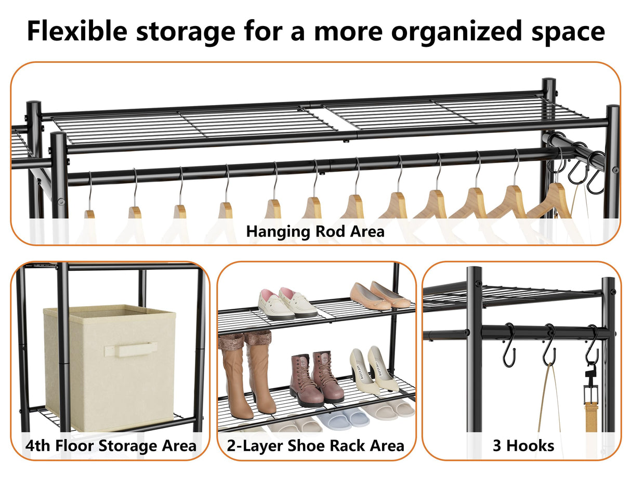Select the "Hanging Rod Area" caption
315,231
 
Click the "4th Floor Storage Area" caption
111,445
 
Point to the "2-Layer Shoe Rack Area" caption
315,445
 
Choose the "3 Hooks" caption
523,445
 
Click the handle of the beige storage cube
130,349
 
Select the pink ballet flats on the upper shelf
379,296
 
